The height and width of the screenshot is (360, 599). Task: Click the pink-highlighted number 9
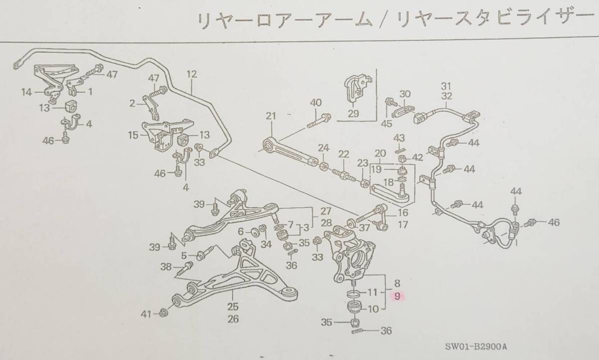(397, 297)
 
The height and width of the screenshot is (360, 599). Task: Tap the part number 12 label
(192, 74)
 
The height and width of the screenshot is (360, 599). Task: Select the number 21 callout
(271, 116)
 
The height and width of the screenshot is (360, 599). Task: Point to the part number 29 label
(353, 114)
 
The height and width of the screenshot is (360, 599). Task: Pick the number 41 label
(145, 314)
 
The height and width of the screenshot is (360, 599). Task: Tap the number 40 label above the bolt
(315, 103)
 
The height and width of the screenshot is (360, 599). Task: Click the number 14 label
(26, 92)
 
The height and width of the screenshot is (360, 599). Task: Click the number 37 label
(364, 228)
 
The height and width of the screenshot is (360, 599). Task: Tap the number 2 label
(132, 103)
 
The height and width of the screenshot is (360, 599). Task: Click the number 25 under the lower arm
(233, 307)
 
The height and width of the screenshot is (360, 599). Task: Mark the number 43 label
(399, 138)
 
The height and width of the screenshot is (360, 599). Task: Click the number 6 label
(240, 232)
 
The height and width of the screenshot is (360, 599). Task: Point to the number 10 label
(373, 309)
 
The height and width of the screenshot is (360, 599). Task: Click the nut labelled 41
(164, 314)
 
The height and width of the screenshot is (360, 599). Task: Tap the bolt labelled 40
(320, 120)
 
